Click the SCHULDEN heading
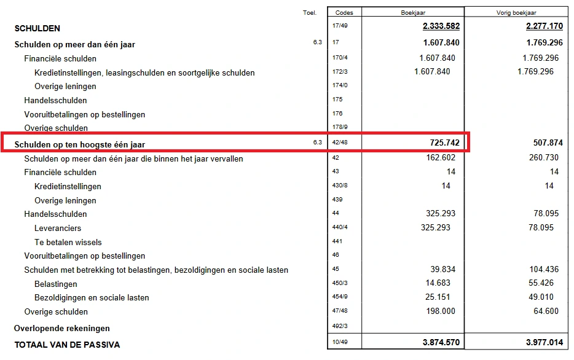pos(37,28)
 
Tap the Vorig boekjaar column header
pos(516,12)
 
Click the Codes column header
pos(345,12)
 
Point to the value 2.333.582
pos(441,26)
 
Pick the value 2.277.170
pos(545,26)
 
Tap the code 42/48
pos(340,143)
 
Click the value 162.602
pos(436,157)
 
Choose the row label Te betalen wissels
pos(68,242)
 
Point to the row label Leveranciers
pos(58,228)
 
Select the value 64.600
pos(545,311)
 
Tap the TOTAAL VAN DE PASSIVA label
pos(67,345)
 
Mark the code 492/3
pos(340,326)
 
